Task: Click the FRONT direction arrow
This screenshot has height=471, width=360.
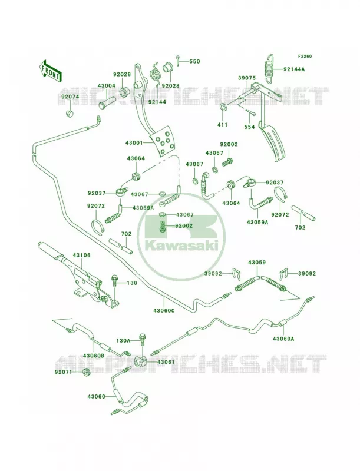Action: point(50,71)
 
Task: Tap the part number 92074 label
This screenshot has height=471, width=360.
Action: point(70,97)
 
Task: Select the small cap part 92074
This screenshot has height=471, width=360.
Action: point(70,114)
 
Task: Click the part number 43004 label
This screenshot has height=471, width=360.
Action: point(107,86)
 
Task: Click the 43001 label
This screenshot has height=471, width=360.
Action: point(134,143)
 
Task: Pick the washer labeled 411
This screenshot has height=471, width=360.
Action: point(223,107)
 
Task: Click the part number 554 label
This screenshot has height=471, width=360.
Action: point(249,127)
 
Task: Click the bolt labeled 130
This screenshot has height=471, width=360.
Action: point(114,282)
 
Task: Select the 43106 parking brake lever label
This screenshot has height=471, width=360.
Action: point(81,256)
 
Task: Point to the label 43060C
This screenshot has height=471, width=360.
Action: point(164,311)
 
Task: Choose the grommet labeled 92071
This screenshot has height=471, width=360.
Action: point(87,373)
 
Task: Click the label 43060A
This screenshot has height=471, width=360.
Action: point(283,339)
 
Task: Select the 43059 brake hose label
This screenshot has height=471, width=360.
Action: point(257,263)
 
